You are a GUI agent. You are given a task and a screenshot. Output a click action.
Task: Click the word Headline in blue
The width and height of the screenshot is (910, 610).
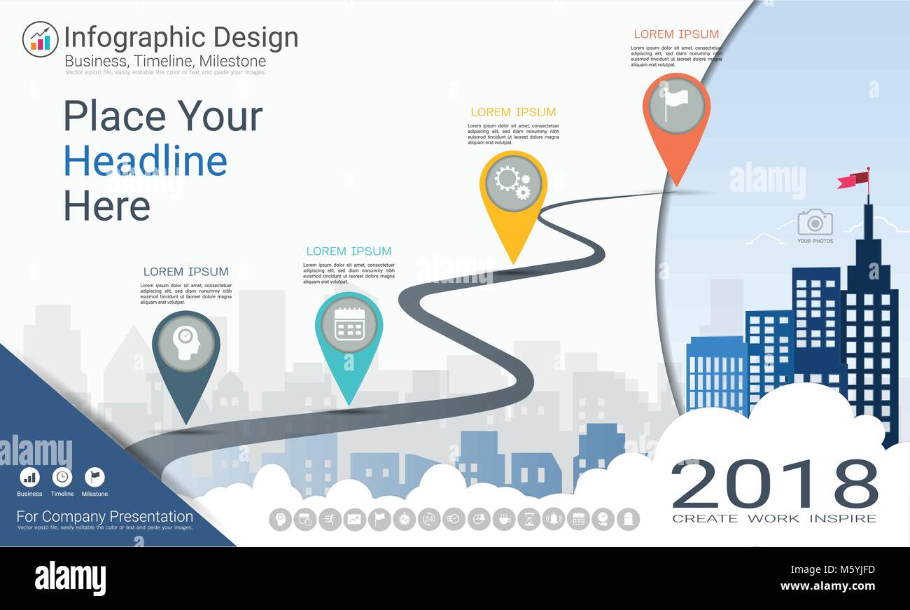[x=146, y=161]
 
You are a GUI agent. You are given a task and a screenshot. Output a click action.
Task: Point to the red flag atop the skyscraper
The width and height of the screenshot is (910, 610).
[x=853, y=180]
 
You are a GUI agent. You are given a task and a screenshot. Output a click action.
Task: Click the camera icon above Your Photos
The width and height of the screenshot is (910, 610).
[x=815, y=222]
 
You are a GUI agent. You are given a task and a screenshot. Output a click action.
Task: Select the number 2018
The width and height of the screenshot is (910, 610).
[x=774, y=484]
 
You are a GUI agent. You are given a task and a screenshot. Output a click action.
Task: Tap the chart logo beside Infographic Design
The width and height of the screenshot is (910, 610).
[x=40, y=39]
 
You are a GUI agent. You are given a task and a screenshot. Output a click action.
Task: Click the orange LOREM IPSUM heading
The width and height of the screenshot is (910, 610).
[x=676, y=34]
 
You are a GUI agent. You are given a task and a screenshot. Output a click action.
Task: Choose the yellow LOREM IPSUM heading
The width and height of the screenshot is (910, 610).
[x=513, y=112]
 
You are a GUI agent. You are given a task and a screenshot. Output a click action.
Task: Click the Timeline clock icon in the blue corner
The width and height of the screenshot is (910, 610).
[x=62, y=477]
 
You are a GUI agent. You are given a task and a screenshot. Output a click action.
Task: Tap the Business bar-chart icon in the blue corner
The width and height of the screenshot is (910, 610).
[x=29, y=477]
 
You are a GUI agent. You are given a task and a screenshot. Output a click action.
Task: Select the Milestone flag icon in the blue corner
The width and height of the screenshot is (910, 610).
[x=94, y=477]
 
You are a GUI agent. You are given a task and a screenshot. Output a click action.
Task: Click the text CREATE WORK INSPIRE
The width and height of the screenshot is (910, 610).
[x=774, y=518]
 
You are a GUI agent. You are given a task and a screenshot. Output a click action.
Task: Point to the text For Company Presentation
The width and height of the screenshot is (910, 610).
[x=105, y=517]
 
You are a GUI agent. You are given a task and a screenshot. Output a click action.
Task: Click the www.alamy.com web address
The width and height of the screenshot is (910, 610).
[x=827, y=586]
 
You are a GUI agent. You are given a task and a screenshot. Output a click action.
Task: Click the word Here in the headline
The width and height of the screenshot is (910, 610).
[x=107, y=207]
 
